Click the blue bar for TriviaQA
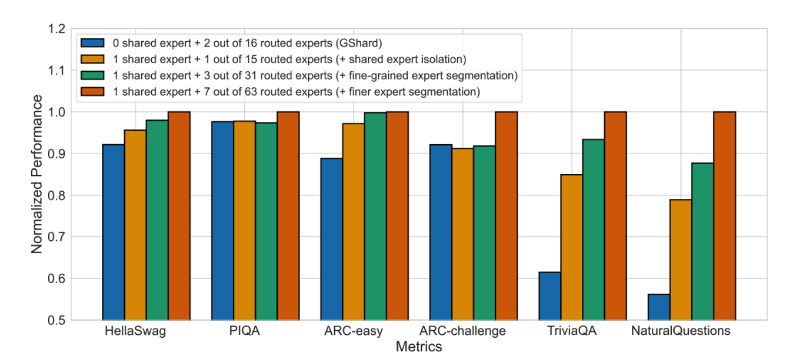550,296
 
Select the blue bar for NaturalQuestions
659,307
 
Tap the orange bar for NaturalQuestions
681,260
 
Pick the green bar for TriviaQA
593,229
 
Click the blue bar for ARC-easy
332,239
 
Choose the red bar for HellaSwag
179,216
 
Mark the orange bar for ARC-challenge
463,234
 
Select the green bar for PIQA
266,221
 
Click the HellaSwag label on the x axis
135,331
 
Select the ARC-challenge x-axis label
462,331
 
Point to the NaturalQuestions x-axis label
680,331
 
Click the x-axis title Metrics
418,347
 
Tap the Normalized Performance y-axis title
37,174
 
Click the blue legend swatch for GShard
93,43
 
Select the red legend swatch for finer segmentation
93,91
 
